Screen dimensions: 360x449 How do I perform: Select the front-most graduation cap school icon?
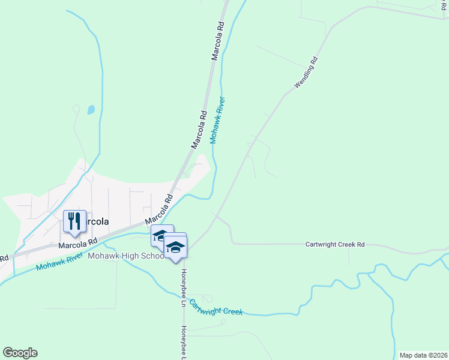click(175, 247)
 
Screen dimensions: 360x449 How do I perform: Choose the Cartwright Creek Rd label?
click(335, 245)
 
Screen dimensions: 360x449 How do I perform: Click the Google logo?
click(20, 353)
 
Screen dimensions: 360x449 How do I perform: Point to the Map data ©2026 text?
click(423, 355)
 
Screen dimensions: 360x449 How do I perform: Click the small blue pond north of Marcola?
click(91, 110)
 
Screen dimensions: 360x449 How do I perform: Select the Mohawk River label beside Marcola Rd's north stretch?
click(217, 120)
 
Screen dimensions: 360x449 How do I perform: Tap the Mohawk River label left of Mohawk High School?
click(58, 261)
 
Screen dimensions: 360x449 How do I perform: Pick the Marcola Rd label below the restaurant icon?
click(77, 243)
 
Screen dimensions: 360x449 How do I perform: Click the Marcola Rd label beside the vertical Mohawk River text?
click(199, 129)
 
